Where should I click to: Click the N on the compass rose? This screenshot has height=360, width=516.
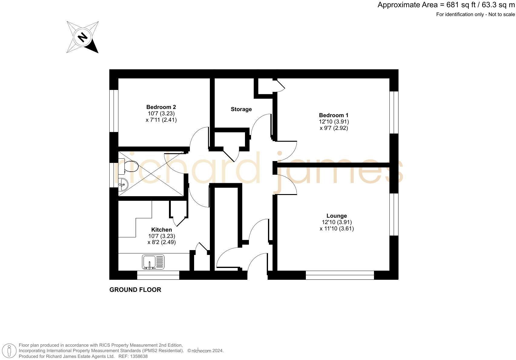[x=82, y=37]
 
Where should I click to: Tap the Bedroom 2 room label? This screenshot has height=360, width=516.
[x=161, y=107]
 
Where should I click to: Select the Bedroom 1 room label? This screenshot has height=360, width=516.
[x=333, y=115]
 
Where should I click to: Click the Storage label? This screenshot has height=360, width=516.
[x=241, y=109]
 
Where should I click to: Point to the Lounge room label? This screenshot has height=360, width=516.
[x=336, y=216]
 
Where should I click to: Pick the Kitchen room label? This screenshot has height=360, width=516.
[x=161, y=230]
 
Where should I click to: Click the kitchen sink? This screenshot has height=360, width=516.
[x=153, y=262]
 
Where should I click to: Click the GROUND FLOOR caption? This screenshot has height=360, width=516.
[x=135, y=290]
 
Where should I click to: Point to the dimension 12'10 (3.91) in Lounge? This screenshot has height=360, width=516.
[x=336, y=222]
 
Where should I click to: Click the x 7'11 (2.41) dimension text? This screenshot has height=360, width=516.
[x=161, y=120]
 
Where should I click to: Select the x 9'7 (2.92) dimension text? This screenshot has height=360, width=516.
[x=334, y=128]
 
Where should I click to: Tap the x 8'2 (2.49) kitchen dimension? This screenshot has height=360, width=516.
[x=161, y=242]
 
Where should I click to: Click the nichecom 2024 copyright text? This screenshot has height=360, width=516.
[x=205, y=351]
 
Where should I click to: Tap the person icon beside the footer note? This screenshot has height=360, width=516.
[x=9, y=351]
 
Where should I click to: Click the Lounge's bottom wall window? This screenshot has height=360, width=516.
[x=340, y=275]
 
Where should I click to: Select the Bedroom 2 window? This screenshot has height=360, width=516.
[x=114, y=111]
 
